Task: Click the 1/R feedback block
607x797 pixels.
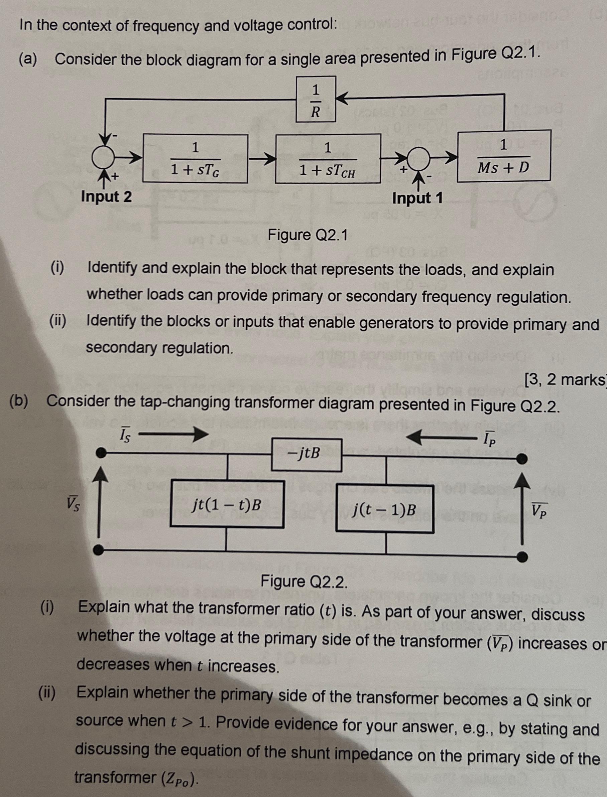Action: [x=316, y=99]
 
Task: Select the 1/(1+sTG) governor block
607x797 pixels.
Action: [x=195, y=159]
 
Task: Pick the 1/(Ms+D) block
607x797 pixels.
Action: [x=504, y=156]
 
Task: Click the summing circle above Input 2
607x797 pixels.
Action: [x=103, y=157]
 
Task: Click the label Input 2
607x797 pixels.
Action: [x=106, y=197]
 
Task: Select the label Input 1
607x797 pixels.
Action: [x=417, y=198]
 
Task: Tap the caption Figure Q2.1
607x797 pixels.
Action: [x=308, y=235]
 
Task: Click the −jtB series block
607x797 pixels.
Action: [x=307, y=455]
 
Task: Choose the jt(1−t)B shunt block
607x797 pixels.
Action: [x=227, y=504]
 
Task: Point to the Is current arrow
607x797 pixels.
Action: [x=173, y=434]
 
